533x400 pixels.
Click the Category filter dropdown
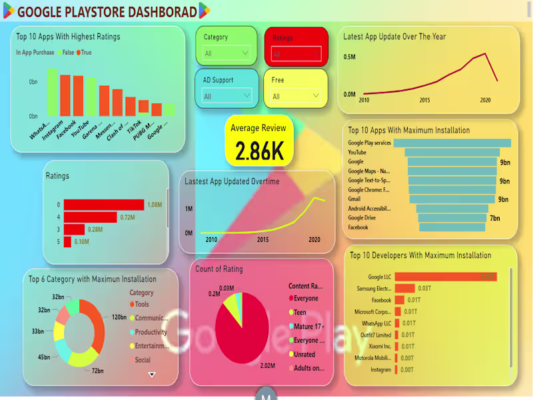coord(226,53)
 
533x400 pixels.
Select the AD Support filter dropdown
coord(226,97)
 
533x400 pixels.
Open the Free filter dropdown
coord(294,97)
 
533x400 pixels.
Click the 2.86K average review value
coord(260,151)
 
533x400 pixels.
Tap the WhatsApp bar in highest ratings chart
coord(52,92)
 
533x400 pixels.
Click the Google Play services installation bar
coord(452,143)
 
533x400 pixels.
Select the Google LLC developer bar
coord(445,277)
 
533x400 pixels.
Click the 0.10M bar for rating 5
coord(67,241)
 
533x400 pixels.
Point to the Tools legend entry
coord(142,305)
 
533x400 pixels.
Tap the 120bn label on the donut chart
coord(119,317)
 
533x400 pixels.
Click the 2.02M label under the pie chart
coord(266,366)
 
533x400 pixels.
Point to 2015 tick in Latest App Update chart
coord(424,100)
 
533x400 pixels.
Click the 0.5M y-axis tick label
coord(350,57)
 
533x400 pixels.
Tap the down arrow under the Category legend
coord(151,375)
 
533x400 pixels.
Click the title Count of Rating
coord(219,269)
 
